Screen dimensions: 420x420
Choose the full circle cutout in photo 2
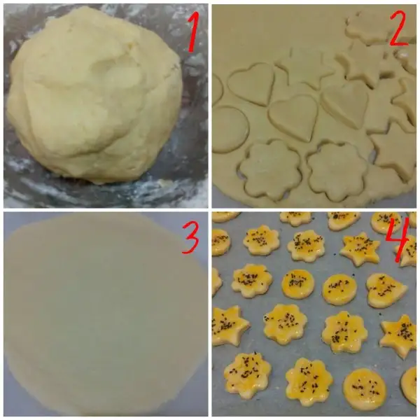coord(230,129)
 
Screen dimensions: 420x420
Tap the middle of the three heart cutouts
coord(293,118)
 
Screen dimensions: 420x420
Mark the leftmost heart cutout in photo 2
coord(252,83)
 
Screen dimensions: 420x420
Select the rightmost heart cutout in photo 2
coord(345,104)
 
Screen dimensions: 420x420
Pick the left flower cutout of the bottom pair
coord(270,170)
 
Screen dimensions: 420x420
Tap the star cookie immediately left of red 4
coord(360,248)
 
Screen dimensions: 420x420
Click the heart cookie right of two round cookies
coord(386,290)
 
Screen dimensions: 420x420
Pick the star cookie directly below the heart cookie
coord(399,336)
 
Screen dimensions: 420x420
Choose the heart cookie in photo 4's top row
coord(344,220)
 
